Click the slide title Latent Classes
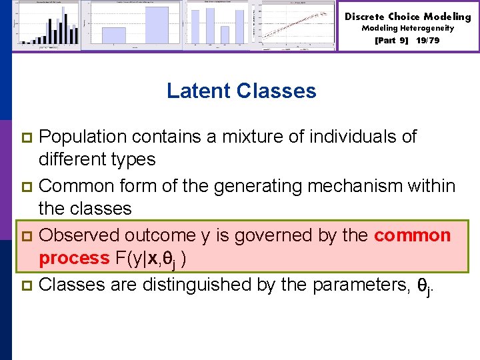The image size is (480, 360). tap(241, 91)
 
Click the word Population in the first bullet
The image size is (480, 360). tap(83, 137)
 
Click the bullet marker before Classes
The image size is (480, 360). tap(27, 285)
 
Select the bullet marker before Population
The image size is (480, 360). tap(27, 138)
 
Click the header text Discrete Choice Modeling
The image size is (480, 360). tap(407, 16)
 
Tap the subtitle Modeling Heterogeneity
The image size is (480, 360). tap(407, 28)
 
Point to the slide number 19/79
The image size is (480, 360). tap(427, 40)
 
